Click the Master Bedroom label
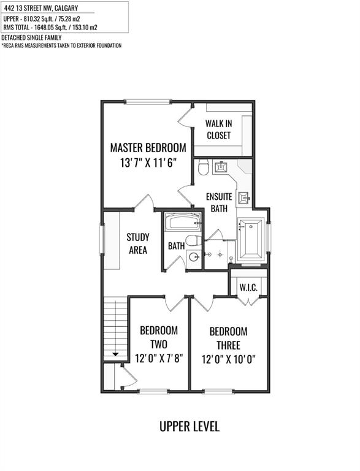click(148, 148)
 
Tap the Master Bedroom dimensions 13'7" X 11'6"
click(148, 163)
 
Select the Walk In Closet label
click(219, 129)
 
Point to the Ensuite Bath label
click(219, 202)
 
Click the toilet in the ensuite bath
click(204, 167)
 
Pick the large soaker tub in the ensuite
click(250, 239)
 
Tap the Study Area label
click(138, 243)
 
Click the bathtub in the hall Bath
click(183, 222)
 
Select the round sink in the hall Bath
click(194, 257)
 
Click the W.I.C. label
click(248, 288)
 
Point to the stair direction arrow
click(116, 354)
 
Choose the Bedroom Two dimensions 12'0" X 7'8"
click(159, 358)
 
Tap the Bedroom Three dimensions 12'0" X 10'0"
click(228, 359)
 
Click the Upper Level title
click(190, 427)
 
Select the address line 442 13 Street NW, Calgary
click(41, 8)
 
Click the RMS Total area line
click(50, 28)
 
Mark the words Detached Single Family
click(31, 37)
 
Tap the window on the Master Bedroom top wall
click(148, 102)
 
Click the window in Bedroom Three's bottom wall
click(218, 391)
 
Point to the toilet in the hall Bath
click(193, 240)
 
